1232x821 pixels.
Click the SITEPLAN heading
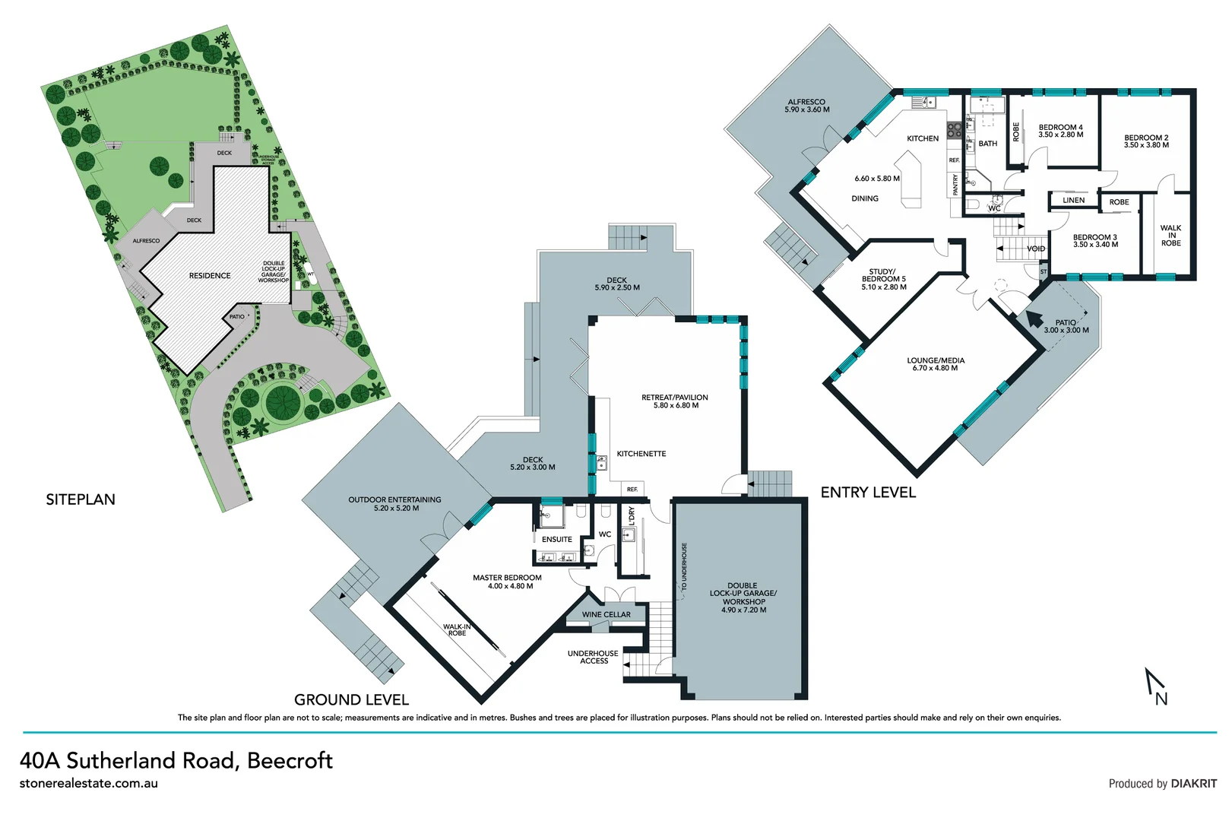(x=81, y=499)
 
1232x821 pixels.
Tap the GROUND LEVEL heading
(x=351, y=699)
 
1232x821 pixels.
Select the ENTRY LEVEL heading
(x=868, y=493)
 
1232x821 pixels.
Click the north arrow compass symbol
(x=1156, y=686)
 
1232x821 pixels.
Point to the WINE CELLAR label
(x=606, y=614)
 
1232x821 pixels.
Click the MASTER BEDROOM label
(x=507, y=582)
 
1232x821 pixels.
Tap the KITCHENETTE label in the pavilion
(x=641, y=454)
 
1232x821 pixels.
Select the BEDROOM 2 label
(x=1146, y=141)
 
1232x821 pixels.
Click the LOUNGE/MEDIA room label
(x=935, y=364)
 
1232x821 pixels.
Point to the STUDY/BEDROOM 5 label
(x=883, y=279)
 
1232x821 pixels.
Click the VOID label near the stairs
(x=1035, y=249)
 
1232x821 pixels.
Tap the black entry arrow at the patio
(x=1034, y=318)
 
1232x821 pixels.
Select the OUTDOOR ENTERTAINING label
(x=394, y=503)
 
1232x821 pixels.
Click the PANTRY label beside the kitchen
(x=955, y=185)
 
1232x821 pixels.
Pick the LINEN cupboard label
(x=1073, y=201)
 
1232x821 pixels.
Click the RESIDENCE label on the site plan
(x=210, y=276)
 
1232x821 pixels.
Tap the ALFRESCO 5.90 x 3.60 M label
(x=806, y=106)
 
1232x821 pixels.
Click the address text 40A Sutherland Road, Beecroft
(x=176, y=760)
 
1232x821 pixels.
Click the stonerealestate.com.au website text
(x=89, y=784)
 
